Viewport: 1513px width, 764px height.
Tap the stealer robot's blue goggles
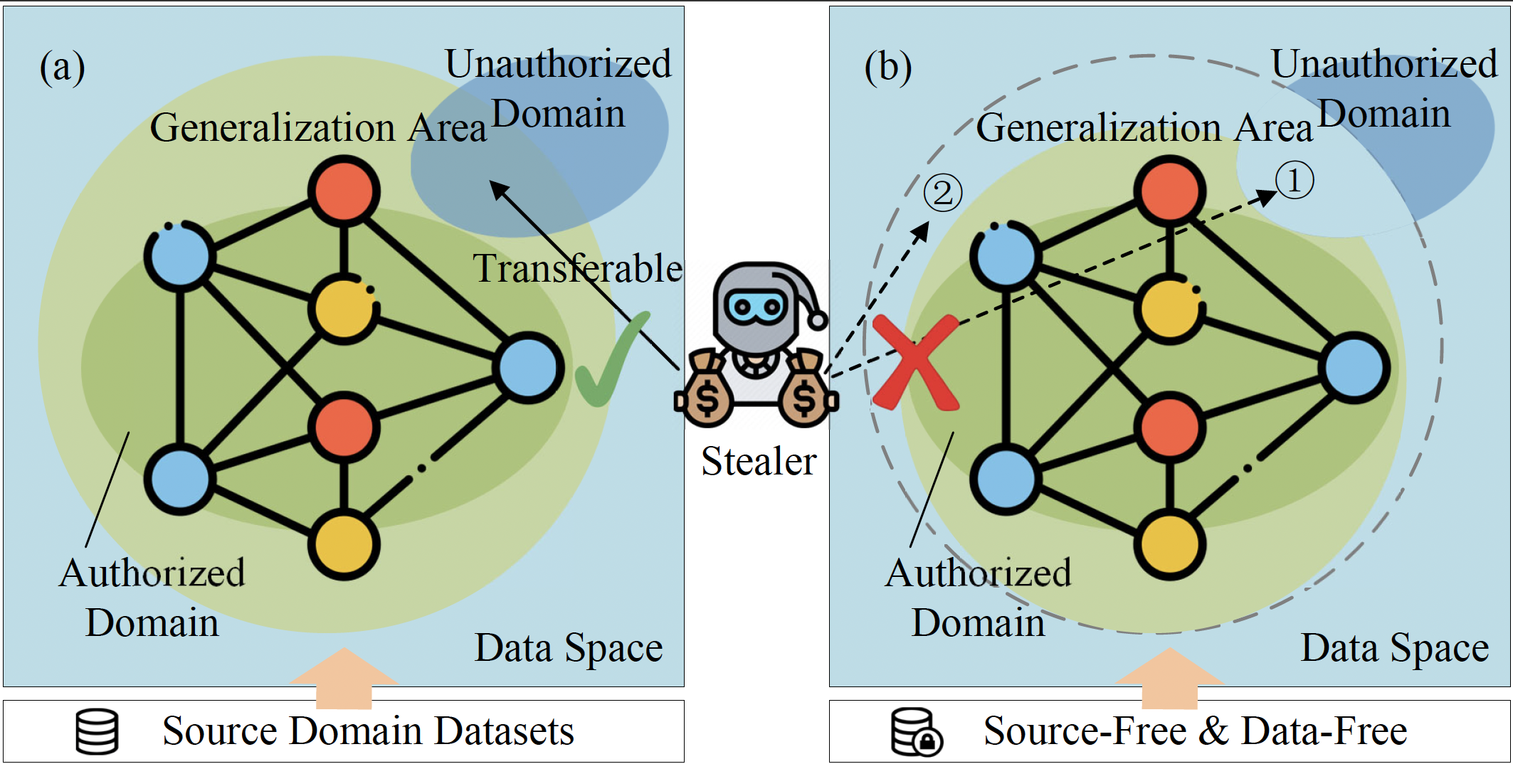[756, 308]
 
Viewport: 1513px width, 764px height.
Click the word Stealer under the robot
[759, 461]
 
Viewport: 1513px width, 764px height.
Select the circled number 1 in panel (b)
[1294, 180]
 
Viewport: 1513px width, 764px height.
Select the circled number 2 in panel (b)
[942, 193]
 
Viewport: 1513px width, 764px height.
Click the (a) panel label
[63, 68]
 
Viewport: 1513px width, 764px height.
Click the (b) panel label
[888, 68]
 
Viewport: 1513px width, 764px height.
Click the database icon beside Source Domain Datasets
[97, 731]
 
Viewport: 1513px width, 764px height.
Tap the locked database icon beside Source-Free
[917, 731]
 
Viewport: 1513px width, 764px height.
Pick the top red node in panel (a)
[344, 191]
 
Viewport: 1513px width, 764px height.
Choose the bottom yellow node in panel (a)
[344, 545]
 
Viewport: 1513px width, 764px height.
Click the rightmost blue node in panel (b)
[1354, 368]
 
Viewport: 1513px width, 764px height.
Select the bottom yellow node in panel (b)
[1169, 545]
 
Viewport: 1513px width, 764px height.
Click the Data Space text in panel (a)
[569, 648]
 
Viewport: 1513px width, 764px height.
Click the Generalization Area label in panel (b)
[1144, 128]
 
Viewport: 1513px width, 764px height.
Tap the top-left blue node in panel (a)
[180, 256]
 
